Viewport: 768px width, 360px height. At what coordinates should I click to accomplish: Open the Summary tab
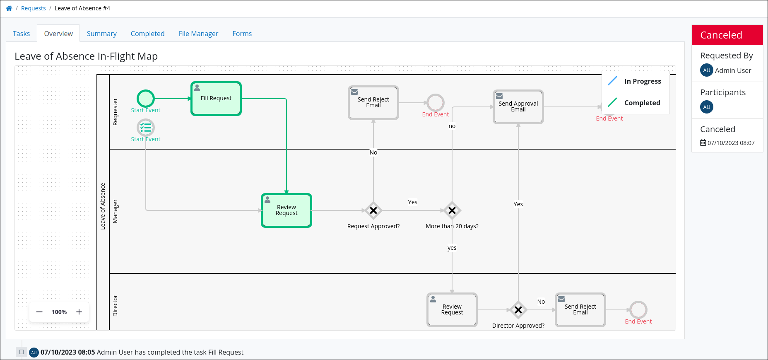101,34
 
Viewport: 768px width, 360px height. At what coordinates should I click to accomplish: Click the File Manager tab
198,34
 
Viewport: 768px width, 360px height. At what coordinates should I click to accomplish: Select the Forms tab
242,34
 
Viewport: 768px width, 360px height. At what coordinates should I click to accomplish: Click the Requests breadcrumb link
33,8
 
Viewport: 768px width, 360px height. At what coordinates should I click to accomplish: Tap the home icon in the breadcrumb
9,8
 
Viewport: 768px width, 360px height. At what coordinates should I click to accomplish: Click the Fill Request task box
216,99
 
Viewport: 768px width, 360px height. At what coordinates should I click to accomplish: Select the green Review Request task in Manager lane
286,210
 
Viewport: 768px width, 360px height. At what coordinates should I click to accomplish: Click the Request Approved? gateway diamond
373,210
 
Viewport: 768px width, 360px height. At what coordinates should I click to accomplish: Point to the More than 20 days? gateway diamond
452,210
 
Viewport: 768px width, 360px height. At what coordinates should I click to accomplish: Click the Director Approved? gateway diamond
518,310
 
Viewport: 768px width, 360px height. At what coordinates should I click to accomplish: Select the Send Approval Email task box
518,107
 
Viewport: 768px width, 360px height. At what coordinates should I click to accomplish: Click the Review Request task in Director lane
452,310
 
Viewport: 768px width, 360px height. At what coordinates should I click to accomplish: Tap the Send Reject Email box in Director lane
580,310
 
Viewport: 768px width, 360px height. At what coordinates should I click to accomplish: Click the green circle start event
146,99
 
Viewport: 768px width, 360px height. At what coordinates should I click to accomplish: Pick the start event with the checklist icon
146,128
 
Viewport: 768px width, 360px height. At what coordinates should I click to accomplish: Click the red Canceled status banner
727,35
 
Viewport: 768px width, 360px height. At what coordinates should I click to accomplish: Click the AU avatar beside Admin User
706,70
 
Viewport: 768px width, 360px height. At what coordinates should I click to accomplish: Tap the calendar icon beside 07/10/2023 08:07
703,143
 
